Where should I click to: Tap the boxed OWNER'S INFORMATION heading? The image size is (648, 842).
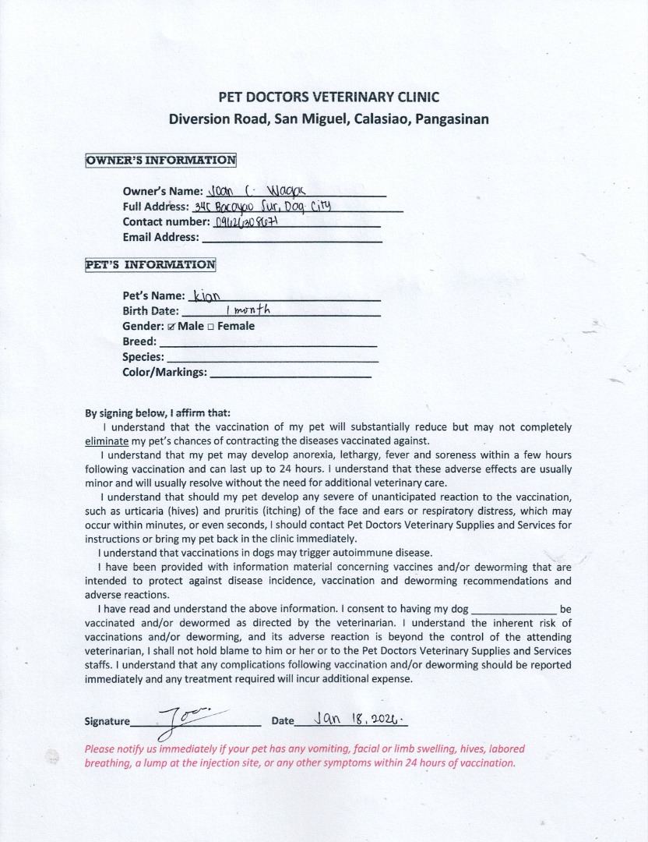(x=161, y=161)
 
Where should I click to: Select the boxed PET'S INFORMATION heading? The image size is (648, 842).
(x=150, y=264)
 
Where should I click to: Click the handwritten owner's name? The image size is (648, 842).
(x=243, y=189)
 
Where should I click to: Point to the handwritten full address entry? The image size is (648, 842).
(x=262, y=207)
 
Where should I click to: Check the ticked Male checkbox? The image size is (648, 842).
(x=171, y=327)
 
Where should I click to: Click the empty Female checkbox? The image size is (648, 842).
(x=211, y=327)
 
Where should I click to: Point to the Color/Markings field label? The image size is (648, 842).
(x=164, y=372)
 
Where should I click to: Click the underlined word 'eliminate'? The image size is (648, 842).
(x=105, y=440)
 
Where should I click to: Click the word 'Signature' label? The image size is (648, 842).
(x=107, y=721)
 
